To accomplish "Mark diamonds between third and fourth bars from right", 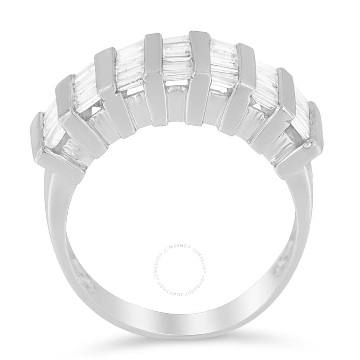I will (224, 64).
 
